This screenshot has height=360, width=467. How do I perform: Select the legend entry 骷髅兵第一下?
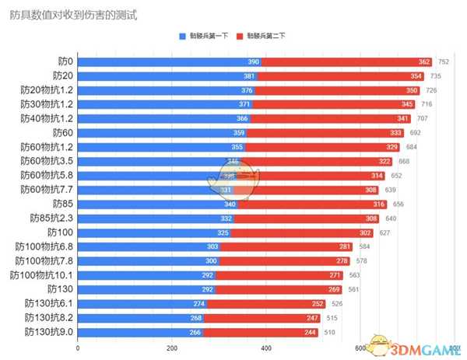coord(205,37)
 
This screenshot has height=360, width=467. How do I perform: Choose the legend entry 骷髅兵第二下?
coord(262,37)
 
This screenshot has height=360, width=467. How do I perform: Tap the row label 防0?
coord(65,61)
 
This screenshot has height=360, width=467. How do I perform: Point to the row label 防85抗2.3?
coord(51,218)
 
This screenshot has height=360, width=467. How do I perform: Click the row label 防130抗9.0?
coord(49,332)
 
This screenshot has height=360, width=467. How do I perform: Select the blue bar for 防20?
coord(167,75)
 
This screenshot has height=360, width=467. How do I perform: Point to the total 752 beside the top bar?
coord(444,61)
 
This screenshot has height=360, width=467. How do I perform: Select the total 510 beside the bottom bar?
coord(328,332)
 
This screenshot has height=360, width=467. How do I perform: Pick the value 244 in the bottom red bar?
coord(311,332)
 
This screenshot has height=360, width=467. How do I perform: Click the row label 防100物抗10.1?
coord(42,274)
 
